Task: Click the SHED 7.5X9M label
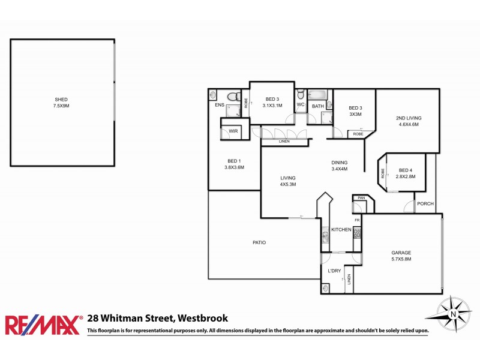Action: (x=62, y=103)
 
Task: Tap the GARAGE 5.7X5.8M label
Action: (x=401, y=256)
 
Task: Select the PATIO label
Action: (x=259, y=242)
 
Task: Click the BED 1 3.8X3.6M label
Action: (x=235, y=164)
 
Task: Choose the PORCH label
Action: (x=425, y=204)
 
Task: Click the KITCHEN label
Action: (x=341, y=230)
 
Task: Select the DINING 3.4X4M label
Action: (x=340, y=166)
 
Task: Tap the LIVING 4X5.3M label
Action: (x=289, y=181)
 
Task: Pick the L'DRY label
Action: (x=334, y=271)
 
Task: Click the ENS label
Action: (x=220, y=105)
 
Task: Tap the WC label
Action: (x=301, y=104)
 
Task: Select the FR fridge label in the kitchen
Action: (x=356, y=221)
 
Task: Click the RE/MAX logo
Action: (x=43, y=325)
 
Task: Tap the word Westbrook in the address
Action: (x=201, y=319)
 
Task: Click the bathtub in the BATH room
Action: (x=318, y=94)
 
